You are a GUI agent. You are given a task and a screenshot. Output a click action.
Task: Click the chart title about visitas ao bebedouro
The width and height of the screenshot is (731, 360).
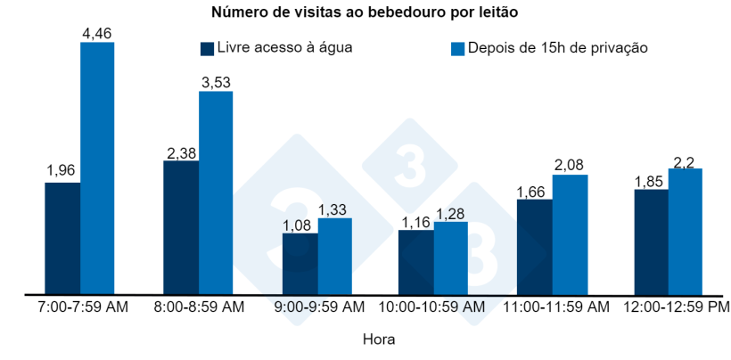(x=365, y=12)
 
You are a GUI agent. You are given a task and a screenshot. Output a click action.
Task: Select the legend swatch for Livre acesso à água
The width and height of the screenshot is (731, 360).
(x=207, y=48)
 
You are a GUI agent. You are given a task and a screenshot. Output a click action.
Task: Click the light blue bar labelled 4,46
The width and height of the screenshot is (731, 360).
(x=97, y=168)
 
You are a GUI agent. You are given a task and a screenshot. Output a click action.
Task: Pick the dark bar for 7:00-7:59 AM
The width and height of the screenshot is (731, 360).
(x=62, y=238)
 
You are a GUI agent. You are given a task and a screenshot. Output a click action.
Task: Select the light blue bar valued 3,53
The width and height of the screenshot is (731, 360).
(x=216, y=192)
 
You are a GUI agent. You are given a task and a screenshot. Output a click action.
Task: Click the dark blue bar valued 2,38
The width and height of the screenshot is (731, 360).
(x=181, y=227)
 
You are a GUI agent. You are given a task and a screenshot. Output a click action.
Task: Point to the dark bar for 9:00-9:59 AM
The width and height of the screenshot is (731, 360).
(x=300, y=263)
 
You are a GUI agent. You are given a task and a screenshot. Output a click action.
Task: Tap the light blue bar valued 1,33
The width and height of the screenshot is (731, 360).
(x=334, y=256)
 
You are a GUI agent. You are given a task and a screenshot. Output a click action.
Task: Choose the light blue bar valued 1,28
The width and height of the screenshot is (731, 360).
(x=451, y=258)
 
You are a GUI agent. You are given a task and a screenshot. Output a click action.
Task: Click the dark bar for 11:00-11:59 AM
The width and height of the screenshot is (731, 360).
(x=535, y=247)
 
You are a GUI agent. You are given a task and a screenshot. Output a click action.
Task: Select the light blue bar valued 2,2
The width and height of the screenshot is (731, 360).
(x=686, y=231)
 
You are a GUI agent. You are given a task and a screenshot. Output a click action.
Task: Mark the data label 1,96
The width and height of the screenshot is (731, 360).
(x=62, y=171)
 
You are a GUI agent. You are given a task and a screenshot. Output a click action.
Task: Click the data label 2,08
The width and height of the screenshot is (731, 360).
(x=570, y=163)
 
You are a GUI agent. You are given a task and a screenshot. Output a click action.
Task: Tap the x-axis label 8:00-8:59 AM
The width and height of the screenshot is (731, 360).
(x=199, y=307)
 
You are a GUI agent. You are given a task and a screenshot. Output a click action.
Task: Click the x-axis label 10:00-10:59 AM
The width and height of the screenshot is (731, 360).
(x=432, y=307)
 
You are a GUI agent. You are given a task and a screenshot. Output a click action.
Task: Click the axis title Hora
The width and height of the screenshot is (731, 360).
(x=379, y=340)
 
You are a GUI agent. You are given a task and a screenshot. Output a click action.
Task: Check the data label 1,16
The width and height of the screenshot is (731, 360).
(x=415, y=218)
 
